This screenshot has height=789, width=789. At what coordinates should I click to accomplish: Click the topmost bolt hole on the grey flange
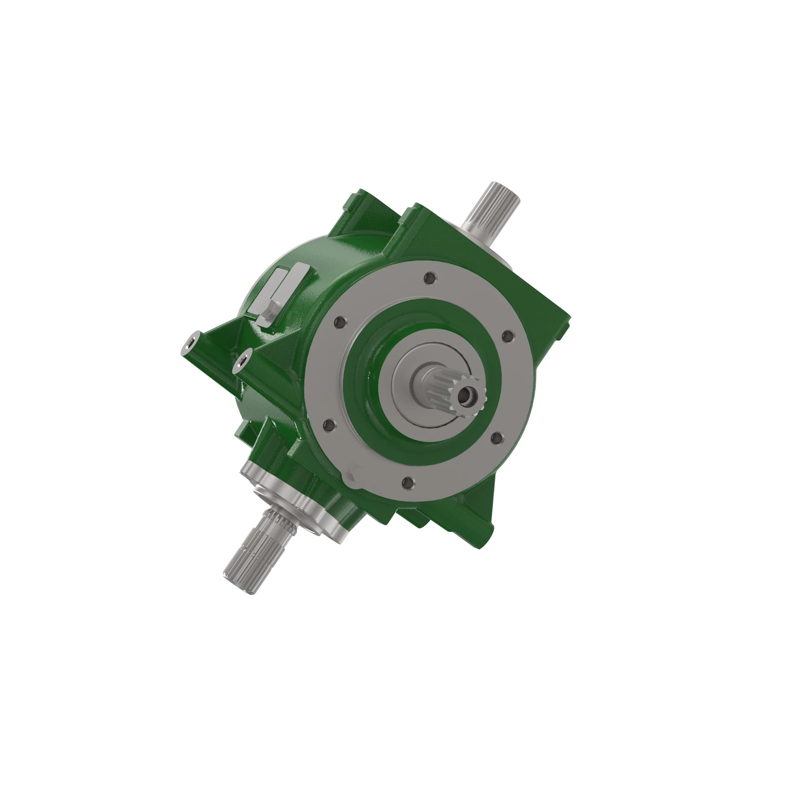click(x=429, y=279)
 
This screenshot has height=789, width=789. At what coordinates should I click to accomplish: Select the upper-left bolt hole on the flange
click(x=339, y=323)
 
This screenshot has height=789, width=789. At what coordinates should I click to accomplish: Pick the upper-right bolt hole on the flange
click(x=507, y=337)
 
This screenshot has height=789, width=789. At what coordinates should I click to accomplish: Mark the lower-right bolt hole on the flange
click(x=495, y=438)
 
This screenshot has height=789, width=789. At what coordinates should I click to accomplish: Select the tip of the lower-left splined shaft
click(x=235, y=580)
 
